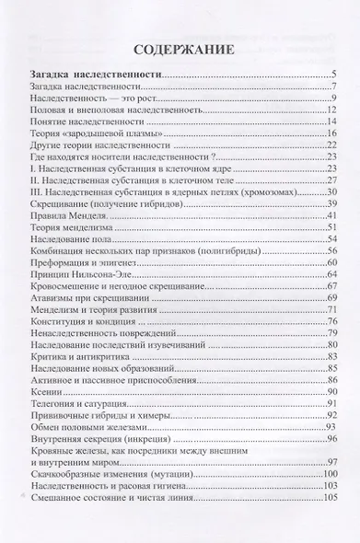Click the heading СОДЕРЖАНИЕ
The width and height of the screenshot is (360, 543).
tap(180, 51)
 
